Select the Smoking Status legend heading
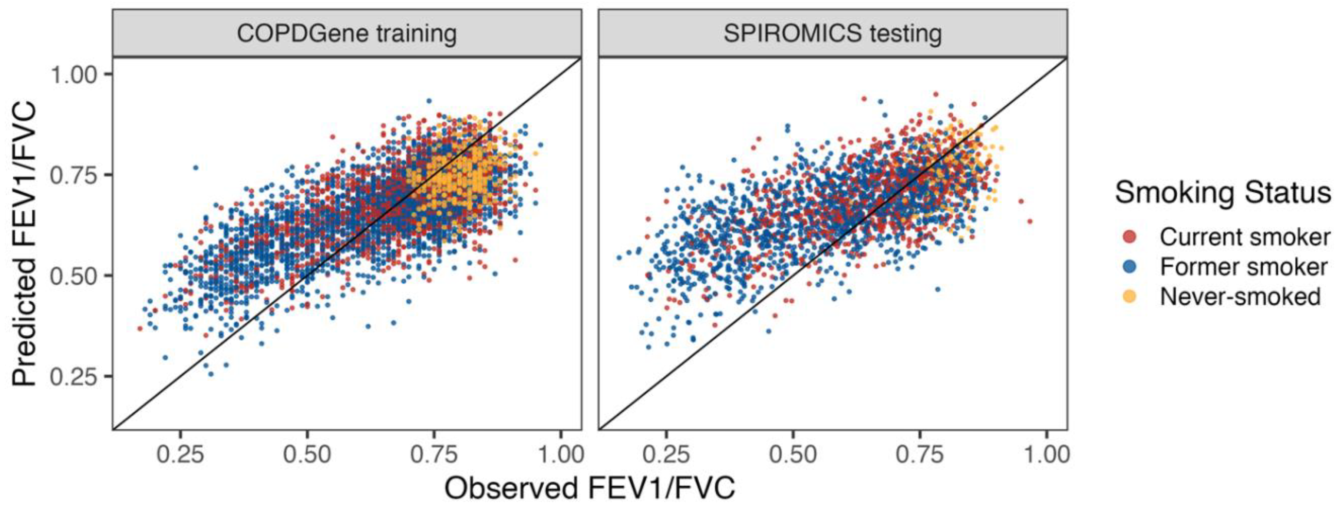pos(1223,193)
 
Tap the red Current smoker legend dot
pos(1129,237)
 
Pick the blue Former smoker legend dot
pos(1129,267)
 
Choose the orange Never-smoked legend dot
pos(1129,296)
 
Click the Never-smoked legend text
pos(1240,296)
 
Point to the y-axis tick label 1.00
pos(73,75)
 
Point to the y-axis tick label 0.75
pos(73,176)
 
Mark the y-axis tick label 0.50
pos(73,276)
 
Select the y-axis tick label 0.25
pos(73,377)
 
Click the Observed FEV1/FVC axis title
pos(590,489)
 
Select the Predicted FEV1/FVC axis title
pos(24,244)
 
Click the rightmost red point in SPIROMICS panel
pos(1029,222)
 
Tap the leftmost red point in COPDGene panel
pos(139,328)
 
